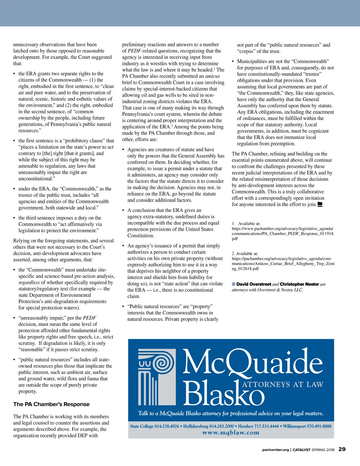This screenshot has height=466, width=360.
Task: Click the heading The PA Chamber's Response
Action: click(x=51, y=404)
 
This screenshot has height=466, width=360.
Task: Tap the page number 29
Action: click(x=342, y=449)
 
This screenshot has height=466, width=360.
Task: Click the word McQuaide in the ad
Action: click(x=253, y=362)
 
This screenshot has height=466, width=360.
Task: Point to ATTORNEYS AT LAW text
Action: click(x=283, y=385)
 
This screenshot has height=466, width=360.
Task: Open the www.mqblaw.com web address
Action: click(x=231, y=433)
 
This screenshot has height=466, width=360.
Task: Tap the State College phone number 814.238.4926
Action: click(x=166, y=426)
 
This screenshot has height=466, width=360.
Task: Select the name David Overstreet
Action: click(x=253, y=284)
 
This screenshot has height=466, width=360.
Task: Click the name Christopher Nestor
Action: click(x=299, y=284)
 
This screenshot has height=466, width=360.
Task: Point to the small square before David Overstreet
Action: click(x=234, y=284)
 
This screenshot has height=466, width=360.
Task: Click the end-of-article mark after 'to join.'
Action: click(x=320, y=204)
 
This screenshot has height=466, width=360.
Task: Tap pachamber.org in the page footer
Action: click(x=275, y=450)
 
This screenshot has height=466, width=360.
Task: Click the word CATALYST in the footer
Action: click(x=301, y=450)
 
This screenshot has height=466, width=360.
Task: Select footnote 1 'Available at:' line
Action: click(x=246, y=224)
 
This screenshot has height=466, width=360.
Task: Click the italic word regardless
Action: click(x=29, y=282)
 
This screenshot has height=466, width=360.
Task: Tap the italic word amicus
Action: click(x=212, y=76)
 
